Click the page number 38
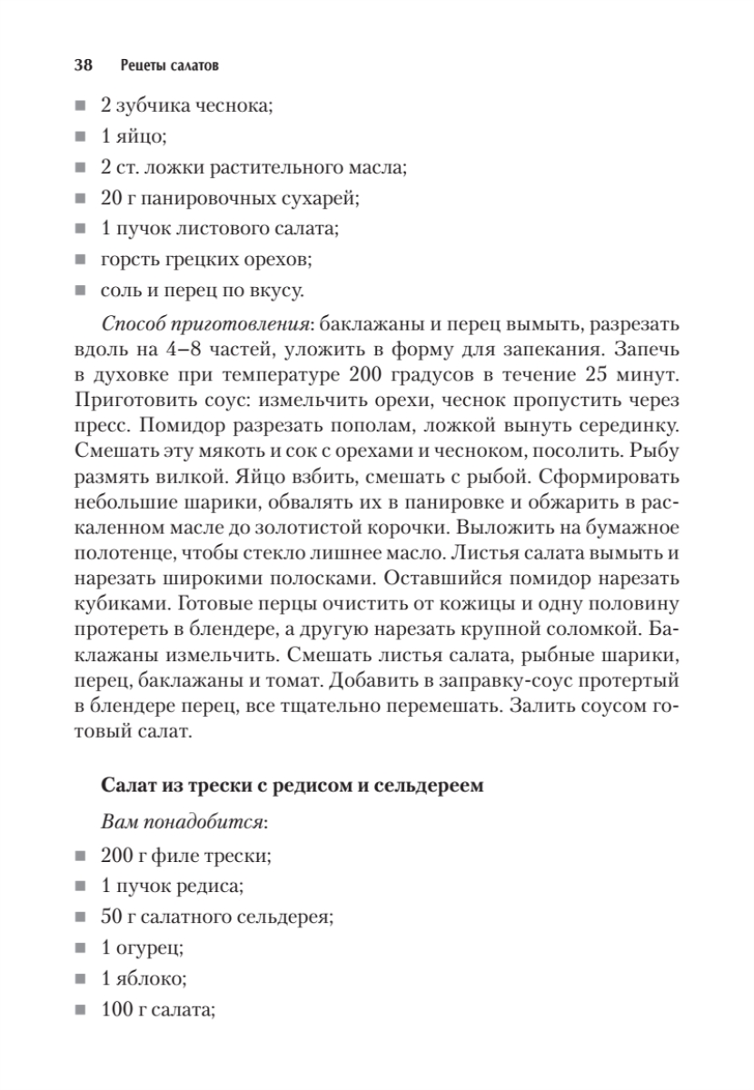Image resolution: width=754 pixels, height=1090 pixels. [83, 66]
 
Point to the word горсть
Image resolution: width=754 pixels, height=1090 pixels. [130, 260]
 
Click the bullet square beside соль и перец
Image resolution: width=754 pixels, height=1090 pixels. [82, 291]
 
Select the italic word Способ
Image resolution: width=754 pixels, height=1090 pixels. [131, 325]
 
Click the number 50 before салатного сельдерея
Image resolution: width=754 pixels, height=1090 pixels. [112, 916]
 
